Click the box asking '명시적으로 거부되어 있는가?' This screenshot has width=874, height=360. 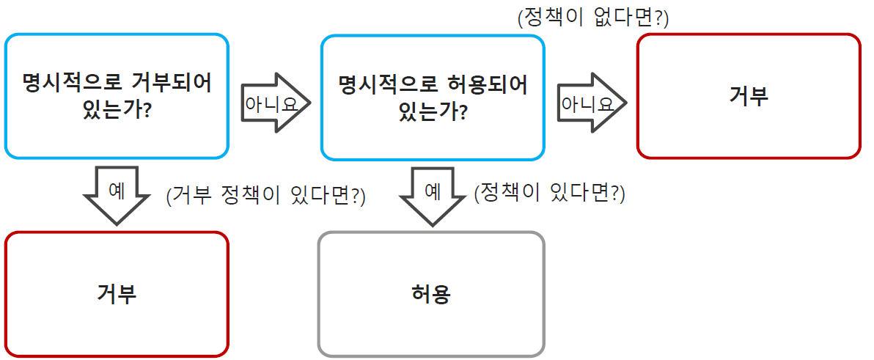coord(117,96)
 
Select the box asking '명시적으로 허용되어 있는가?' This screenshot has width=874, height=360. coord(433,96)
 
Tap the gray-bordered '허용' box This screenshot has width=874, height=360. coord(431,294)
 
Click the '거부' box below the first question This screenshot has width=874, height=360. coord(117,294)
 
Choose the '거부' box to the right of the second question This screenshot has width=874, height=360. coord(748,96)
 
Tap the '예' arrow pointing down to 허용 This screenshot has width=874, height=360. coord(433,194)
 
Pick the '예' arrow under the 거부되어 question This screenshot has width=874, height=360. coord(117,192)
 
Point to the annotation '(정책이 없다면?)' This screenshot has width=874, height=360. coord(592,18)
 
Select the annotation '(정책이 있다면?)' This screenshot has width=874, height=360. coord(549,194)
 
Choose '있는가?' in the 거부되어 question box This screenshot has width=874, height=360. coord(117,112)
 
